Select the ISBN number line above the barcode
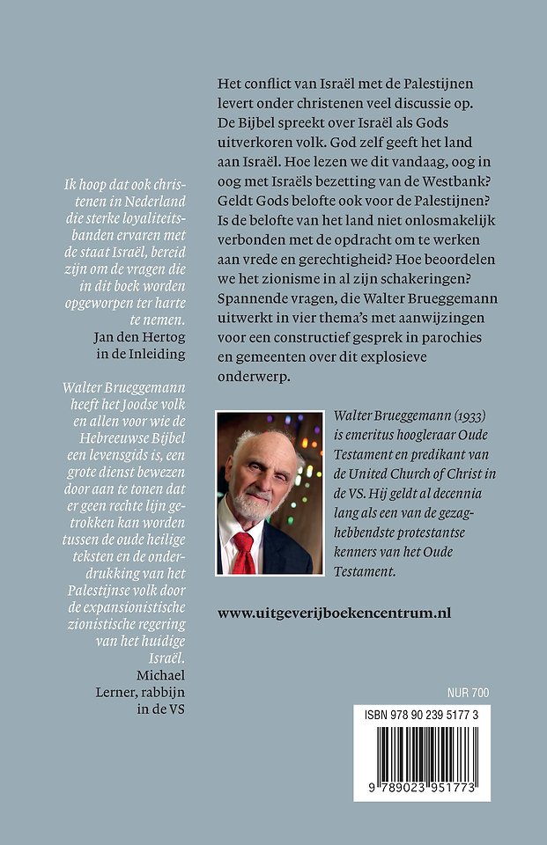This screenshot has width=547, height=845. pos(422,718)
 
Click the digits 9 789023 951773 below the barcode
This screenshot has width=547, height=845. pos(422,785)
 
